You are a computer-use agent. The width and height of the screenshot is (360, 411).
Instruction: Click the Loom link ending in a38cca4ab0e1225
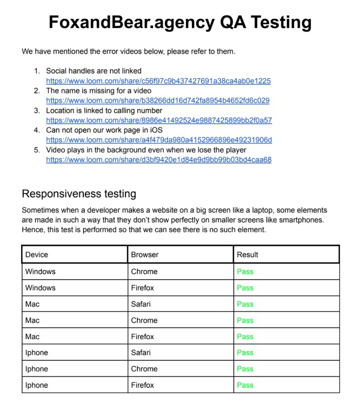[158, 81]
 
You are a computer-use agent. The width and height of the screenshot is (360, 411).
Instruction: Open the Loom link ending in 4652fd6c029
[157, 100]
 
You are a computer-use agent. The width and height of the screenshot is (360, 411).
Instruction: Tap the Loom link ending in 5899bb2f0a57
[159, 120]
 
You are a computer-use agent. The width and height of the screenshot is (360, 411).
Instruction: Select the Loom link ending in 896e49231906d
[159, 140]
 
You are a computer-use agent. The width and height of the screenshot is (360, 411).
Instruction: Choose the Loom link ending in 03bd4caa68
[158, 160]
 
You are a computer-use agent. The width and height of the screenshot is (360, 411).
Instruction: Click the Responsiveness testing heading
[79, 193]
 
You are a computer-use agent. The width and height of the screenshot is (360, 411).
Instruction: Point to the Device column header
[37, 254]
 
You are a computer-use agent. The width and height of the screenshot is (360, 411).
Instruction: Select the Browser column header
[145, 254]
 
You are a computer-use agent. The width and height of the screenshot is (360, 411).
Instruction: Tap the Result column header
[248, 254]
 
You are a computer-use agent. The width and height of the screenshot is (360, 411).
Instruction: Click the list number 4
[37, 130]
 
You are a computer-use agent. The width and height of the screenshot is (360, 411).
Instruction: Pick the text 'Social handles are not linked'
[94, 71]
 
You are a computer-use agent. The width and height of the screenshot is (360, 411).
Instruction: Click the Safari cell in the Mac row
[142, 304]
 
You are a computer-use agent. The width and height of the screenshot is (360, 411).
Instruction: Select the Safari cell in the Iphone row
[142, 353]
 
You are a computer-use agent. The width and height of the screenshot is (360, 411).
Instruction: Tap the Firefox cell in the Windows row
[143, 288]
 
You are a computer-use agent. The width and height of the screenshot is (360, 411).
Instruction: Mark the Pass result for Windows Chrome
[245, 272]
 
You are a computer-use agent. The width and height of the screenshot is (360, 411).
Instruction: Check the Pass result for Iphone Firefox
[245, 385]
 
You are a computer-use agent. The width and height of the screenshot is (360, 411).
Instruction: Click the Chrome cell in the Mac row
[144, 320]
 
